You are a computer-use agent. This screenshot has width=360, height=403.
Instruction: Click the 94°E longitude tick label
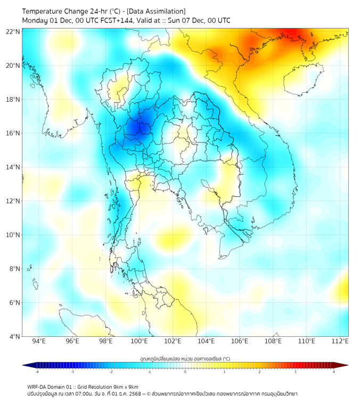[x=39, y=341]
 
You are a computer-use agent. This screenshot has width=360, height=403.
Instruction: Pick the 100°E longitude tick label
[x=140, y=341]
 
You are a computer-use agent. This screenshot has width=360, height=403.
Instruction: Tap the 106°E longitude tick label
[x=240, y=341]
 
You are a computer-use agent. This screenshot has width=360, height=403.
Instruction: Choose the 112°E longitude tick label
[x=340, y=341]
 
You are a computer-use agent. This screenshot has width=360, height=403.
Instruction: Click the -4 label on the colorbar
[x=37, y=372]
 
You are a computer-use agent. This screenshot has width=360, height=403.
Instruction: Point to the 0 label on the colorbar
[x=185, y=372]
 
